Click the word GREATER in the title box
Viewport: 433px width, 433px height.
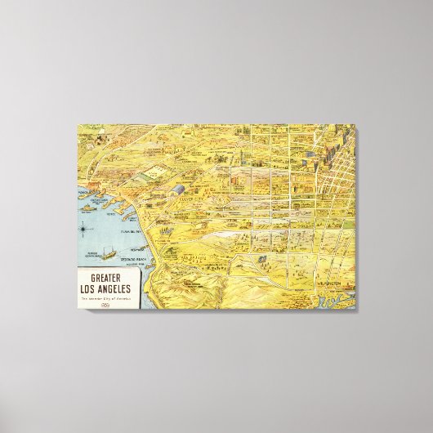(x=109, y=275)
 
